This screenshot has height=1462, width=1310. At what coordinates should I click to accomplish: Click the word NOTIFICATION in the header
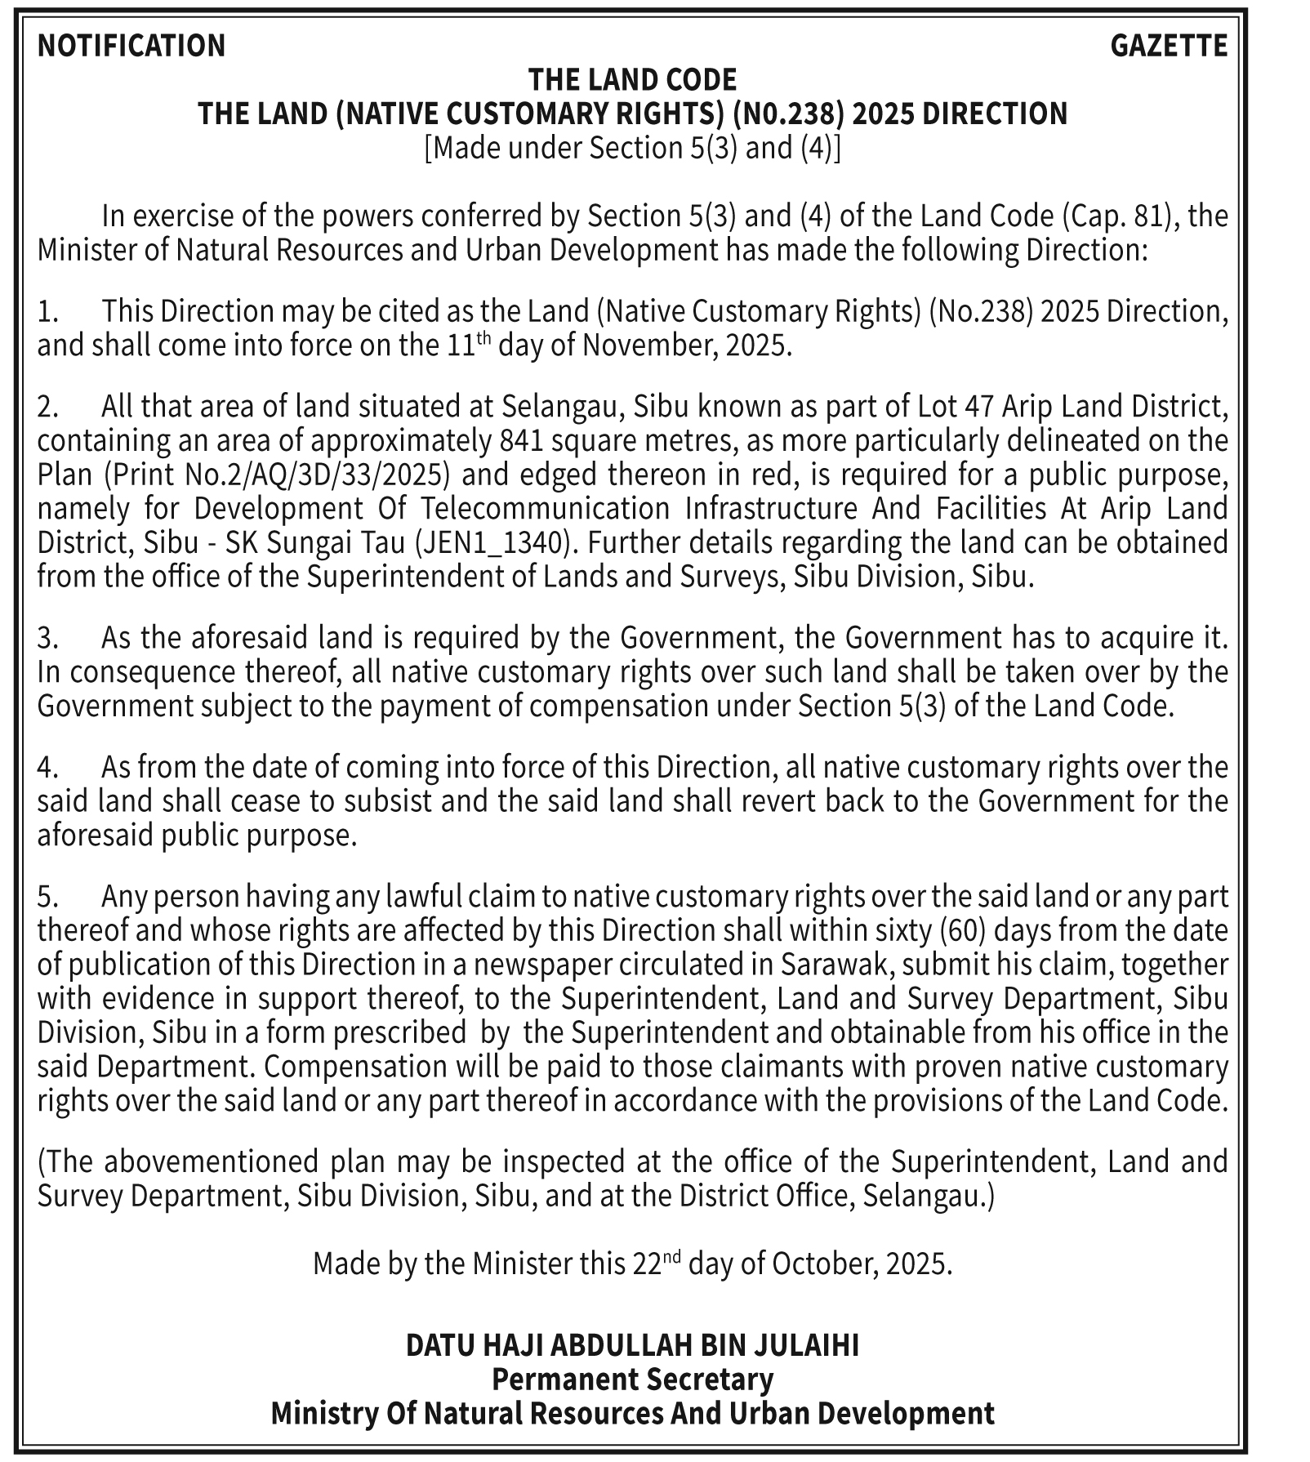(x=131, y=46)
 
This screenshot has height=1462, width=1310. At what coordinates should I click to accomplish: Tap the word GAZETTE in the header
(x=1169, y=46)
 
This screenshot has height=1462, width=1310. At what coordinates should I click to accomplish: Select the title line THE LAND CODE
(x=632, y=80)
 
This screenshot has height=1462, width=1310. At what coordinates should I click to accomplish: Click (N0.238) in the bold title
(x=787, y=114)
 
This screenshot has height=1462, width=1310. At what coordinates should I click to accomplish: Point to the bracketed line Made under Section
(x=632, y=148)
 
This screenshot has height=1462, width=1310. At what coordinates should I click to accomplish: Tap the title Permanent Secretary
(x=632, y=1380)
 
